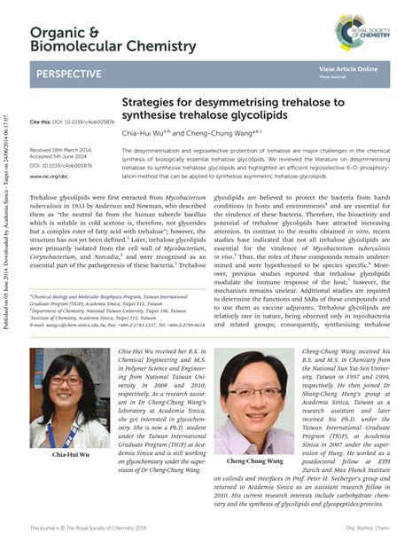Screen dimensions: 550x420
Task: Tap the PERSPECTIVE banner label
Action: tap(68, 74)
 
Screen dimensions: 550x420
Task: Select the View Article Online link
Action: tap(348, 68)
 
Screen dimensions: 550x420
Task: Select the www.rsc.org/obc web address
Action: tap(49, 177)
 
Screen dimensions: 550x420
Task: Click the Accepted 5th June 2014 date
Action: tap(65, 158)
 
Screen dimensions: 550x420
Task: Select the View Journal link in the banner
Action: tap(332, 77)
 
